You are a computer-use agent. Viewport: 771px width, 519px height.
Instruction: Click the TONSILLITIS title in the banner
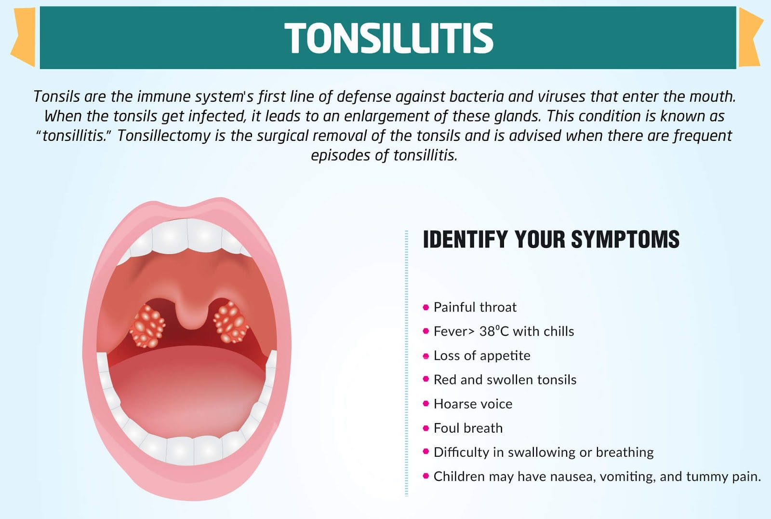[388, 38]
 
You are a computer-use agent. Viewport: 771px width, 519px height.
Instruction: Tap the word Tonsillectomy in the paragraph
[164, 136]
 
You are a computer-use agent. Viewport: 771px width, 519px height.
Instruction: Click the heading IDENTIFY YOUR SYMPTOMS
[551, 240]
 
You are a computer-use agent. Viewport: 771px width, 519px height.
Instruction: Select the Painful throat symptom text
[475, 307]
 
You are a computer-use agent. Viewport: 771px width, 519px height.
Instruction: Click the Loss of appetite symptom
[481, 355]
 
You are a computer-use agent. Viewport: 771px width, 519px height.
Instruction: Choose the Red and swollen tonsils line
[505, 380]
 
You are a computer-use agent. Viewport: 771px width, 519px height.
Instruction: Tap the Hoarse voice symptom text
[473, 404]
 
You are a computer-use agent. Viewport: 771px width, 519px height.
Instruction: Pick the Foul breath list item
[467, 428]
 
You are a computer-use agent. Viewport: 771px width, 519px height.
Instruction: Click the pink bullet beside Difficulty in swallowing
[425, 452]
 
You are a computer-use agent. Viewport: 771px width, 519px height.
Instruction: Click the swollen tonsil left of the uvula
[147, 325]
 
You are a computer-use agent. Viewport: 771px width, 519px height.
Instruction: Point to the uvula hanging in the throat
[192, 314]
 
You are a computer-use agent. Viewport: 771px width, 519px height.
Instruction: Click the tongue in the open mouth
[188, 391]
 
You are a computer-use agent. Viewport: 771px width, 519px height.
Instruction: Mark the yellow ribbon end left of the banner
[24, 38]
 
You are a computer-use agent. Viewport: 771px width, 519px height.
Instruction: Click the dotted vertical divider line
[407, 362]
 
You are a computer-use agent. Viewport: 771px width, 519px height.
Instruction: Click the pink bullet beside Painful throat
[425, 307]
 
